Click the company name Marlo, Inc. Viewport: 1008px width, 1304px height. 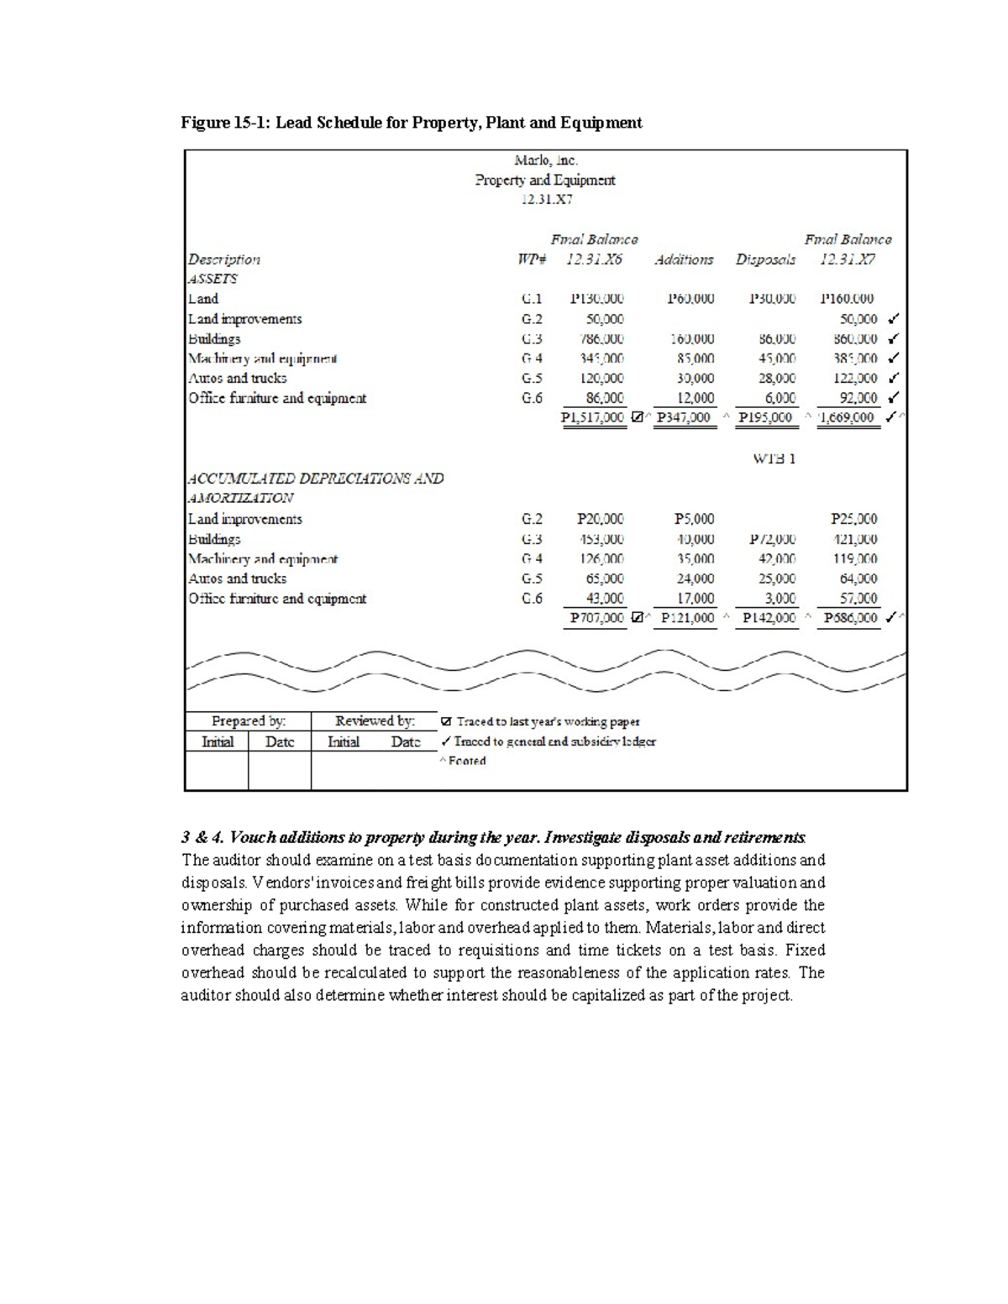(x=545, y=160)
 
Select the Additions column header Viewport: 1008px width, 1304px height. (x=684, y=259)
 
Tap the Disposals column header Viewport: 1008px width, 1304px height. (x=765, y=259)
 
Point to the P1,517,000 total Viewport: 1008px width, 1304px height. (x=592, y=417)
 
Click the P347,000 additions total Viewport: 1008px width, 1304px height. (x=684, y=417)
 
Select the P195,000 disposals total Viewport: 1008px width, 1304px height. (x=764, y=417)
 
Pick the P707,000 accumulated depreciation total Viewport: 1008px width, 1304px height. (x=596, y=618)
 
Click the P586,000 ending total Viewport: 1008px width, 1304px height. (x=850, y=618)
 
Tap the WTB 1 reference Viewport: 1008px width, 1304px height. (x=774, y=458)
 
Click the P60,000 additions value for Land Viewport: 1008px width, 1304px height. (x=690, y=299)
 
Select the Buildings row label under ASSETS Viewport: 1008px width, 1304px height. (x=214, y=338)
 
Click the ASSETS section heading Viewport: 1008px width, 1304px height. (x=213, y=279)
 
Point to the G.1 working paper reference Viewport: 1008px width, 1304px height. (x=532, y=299)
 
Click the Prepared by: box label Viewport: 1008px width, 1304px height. (x=248, y=720)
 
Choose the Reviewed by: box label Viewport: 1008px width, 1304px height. (x=375, y=720)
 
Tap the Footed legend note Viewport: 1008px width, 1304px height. (x=466, y=761)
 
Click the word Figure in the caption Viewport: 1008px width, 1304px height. (x=204, y=123)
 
